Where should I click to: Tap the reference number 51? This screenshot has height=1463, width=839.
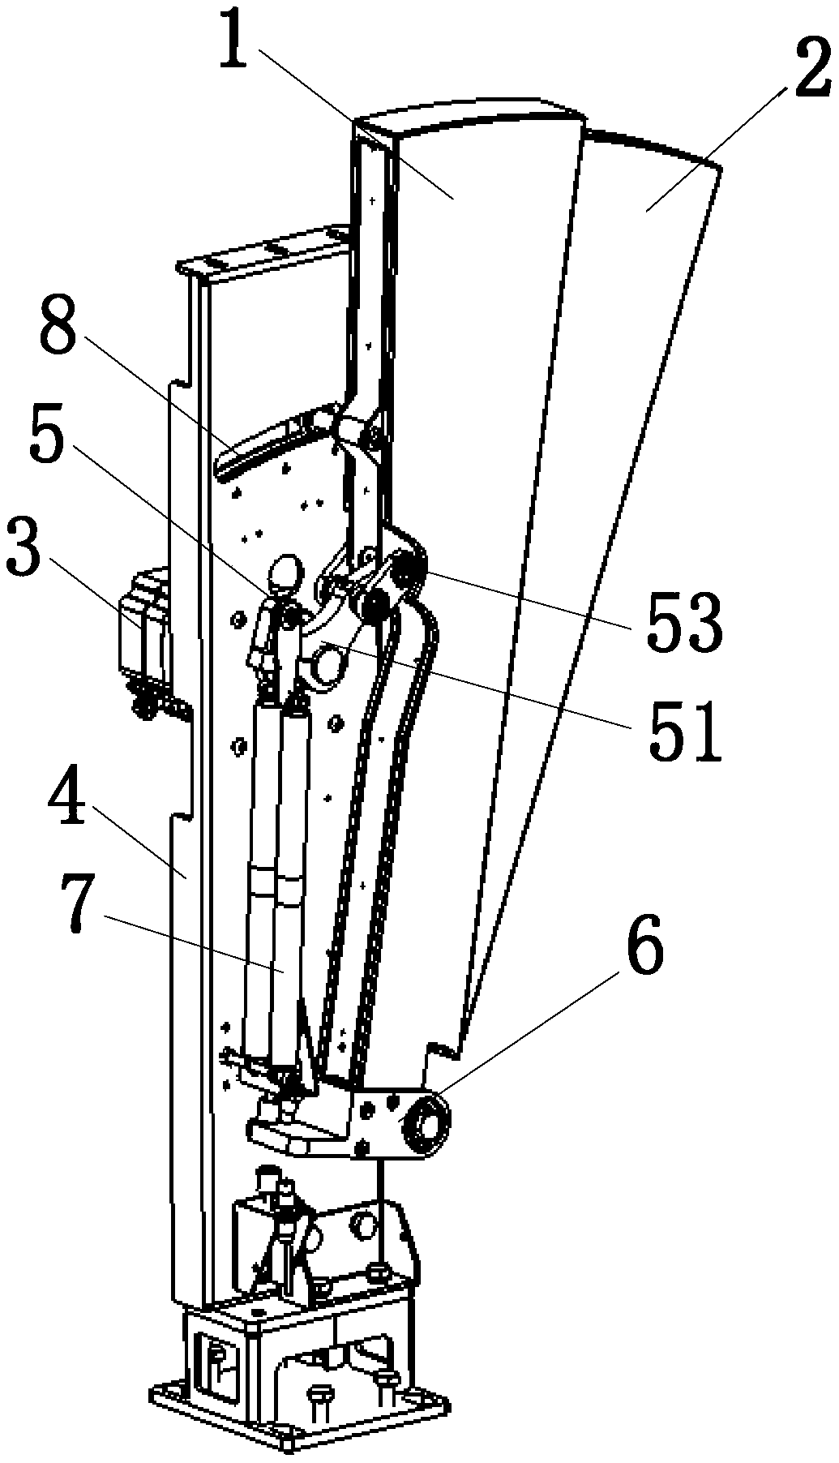[684, 729]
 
